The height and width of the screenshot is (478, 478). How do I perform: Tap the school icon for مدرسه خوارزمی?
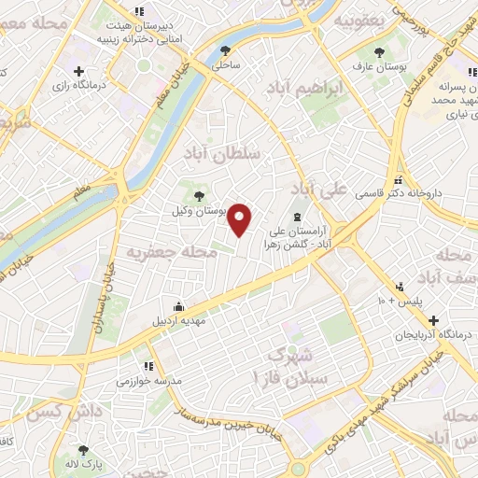[x=148, y=366]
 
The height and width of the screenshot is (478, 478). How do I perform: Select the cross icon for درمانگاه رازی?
[x=79, y=71]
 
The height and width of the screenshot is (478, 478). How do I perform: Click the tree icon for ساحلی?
[x=225, y=50]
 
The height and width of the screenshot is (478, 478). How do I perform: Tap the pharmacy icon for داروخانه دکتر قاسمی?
[x=399, y=179]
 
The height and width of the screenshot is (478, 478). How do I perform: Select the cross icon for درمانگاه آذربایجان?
[x=432, y=320]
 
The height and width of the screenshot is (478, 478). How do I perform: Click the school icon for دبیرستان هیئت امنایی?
[x=139, y=11]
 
